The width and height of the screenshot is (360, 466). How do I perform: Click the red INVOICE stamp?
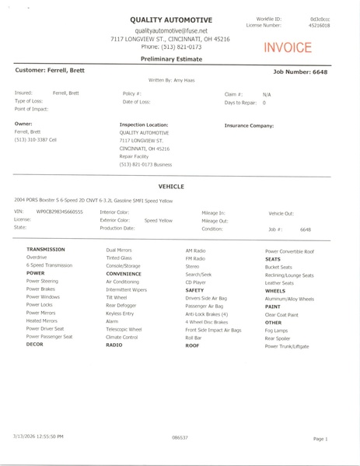point(288,48)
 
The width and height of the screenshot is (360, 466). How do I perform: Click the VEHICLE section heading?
point(170,187)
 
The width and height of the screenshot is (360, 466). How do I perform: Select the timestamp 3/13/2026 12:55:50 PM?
point(37,437)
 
